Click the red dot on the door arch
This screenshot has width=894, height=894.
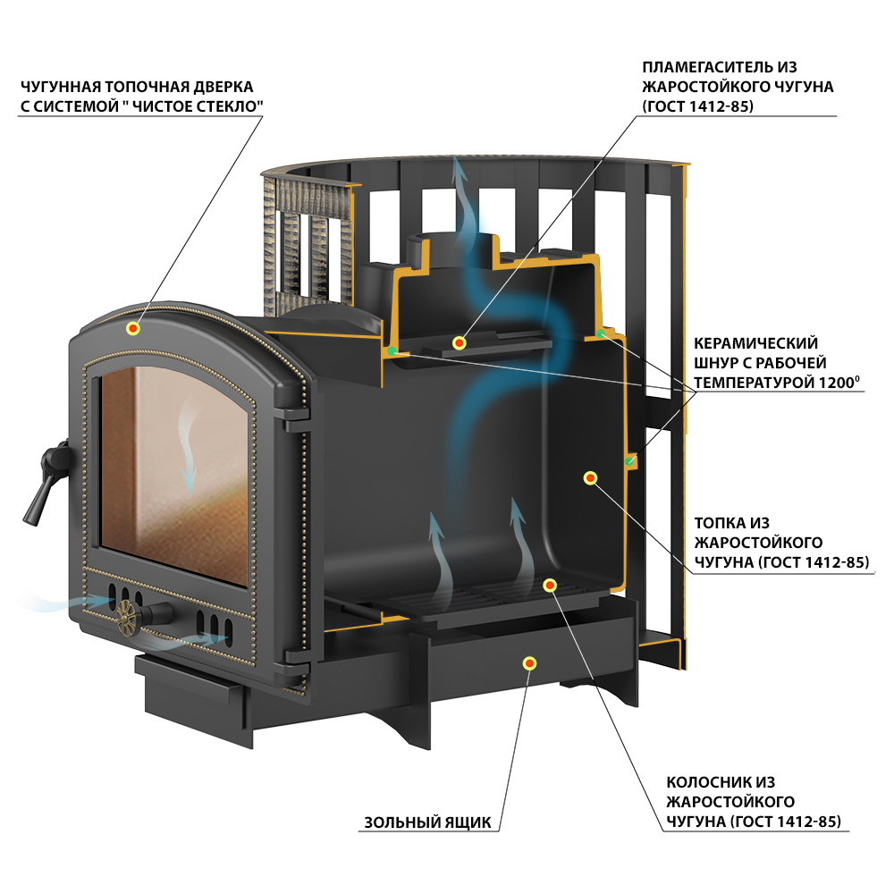pyautogui.click(x=133, y=328)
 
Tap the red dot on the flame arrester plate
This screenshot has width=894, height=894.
pyautogui.click(x=459, y=342)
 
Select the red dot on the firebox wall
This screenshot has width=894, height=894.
pyautogui.click(x=591, y=477)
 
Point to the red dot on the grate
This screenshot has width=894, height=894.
pyautogui.click(x=550, y=585)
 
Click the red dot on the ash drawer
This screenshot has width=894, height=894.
pyautogui.click(x=529, y=662)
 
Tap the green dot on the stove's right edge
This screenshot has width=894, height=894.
pyautogui.click(x=629, y=460)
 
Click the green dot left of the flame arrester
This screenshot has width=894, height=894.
pyautogui.click(x=392, y=351)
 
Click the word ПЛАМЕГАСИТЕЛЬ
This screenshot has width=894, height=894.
pyautogui.click(x=708, y=67)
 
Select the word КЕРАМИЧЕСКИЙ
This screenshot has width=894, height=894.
pyautogui.click(x=756, y=343)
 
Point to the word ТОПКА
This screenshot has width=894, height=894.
pyautogui.click(x=720, y=523)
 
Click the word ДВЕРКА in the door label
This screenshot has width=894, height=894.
pyautogui.click(x=224, y=87)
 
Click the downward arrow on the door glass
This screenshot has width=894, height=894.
pyautogui.click(x=188, y=448)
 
